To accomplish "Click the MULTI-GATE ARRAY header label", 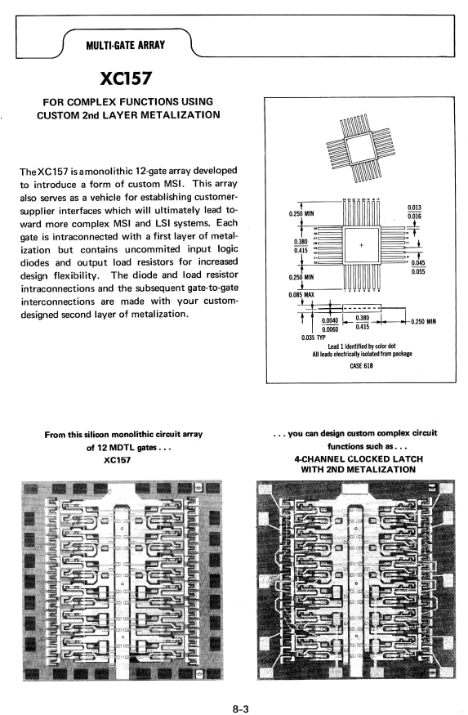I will [125, 44].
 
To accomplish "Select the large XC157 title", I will [127, 79].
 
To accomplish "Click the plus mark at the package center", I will [361, 245].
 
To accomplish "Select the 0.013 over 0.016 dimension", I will [414, 212].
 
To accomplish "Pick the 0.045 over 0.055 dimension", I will [418, 267].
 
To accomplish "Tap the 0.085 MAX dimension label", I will [301, 295].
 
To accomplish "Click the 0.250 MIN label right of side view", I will [423, 322].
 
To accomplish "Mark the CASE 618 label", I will [361, 365].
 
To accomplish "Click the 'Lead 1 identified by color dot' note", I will [362, 346].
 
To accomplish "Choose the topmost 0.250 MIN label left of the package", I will [302, 214].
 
